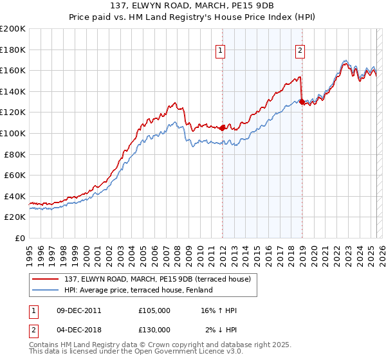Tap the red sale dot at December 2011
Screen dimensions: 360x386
coord(223,127)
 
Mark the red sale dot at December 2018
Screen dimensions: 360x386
coord(302,101)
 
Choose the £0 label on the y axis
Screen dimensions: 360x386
coord(19,238)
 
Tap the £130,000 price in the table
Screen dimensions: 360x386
coord(154,330)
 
